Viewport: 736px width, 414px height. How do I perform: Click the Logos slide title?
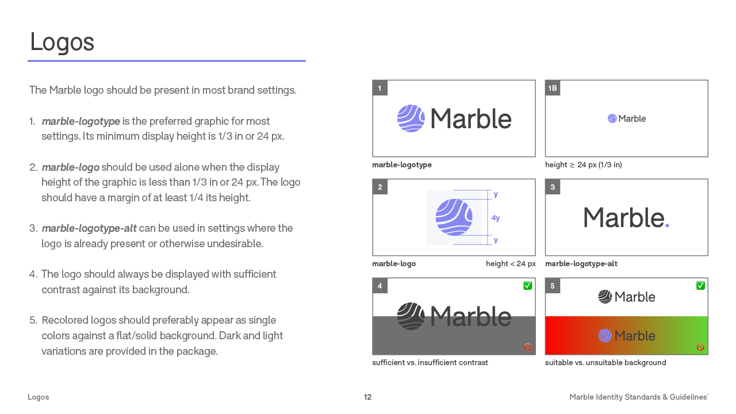pyautogui.click(x=62, y=42)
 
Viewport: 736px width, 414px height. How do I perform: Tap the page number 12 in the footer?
pyautogui.click(x=368, y=397)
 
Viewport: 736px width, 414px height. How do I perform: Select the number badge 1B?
pyautogui.click(x=553, y=88)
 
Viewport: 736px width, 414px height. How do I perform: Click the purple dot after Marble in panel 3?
pyautogui.click(x=667, y=225)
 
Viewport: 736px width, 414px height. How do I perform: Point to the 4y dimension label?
pyautogui.click(x=496, y=218)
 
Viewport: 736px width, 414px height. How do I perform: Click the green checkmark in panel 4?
pyautogui.click(x=528, y=286)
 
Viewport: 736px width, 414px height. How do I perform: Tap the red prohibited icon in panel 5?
pyautogui.click(x=700, y=347)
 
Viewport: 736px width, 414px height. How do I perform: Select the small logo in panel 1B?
pyautogui.click(x=627, y=118)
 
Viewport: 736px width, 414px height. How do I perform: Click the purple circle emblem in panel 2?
pyautogui.click(x=454, y=217)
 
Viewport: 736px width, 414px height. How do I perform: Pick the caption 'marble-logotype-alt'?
pyautogui.click(x=581, y=264)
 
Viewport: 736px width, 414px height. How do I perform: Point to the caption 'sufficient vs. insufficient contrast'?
pyautogui.click(x=430, y=363)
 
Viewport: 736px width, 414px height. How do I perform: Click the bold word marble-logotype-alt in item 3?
pyautogui.click(x=89, y=228)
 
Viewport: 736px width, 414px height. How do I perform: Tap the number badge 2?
pyautogui.click(x=380, y=187)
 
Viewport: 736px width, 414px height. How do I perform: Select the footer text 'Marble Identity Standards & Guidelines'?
pyautogui.click(x=638, y=397)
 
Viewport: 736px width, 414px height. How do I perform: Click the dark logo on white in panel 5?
pyautogui.click(x=627, y=297)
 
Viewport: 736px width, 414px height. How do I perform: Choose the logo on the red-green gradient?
pyautogui.click(x=627, y=336)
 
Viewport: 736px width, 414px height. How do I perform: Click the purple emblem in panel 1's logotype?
pyautogui.click(x=411, y=118)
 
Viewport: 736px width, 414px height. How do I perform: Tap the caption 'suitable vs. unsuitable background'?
pyautogui.click(x=605, y=363)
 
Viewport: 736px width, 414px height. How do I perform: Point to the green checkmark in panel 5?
pyautogui.click(x=700, y=286)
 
